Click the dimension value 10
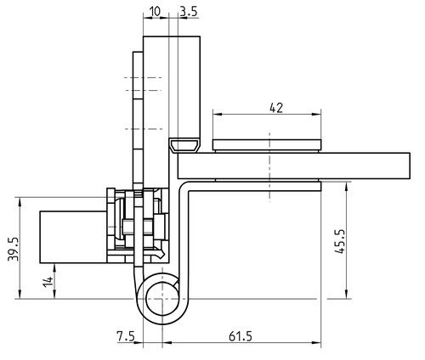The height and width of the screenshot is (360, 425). [x=155, y=12]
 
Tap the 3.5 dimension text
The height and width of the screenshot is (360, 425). [x=189, y=12]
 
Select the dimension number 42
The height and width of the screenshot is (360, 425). [x=276, y=108]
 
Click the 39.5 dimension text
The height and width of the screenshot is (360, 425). [x=14, y=249]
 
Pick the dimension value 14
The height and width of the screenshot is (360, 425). [x=48, y=282]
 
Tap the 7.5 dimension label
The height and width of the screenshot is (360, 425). [x=126, y=336]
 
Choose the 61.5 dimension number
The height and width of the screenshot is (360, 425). [x=241, y=336]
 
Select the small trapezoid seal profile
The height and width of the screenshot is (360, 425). [x=184, y=145]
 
